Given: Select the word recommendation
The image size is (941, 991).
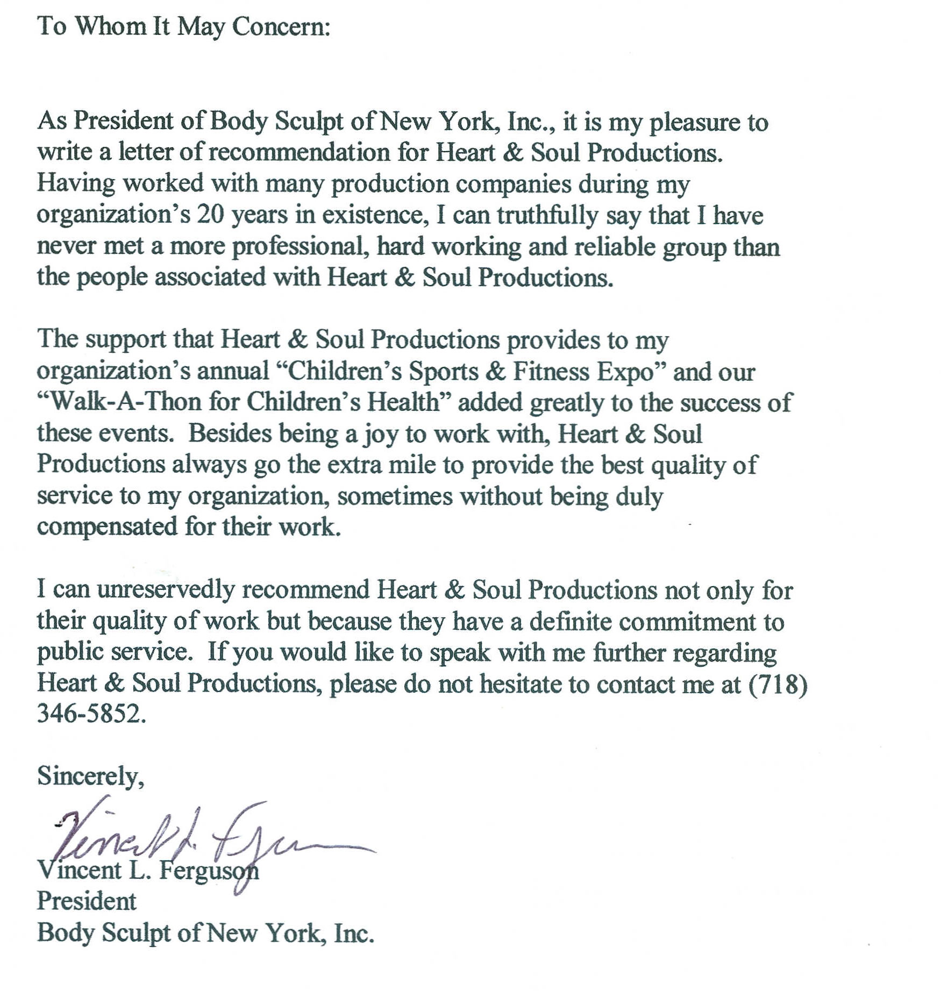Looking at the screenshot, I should point(299,153).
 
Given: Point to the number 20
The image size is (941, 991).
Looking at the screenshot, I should point(210,215).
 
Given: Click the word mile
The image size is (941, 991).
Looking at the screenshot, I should point(414,465).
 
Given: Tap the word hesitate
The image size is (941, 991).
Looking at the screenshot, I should point(521,685).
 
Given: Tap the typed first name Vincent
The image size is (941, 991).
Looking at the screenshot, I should point(79,871).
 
